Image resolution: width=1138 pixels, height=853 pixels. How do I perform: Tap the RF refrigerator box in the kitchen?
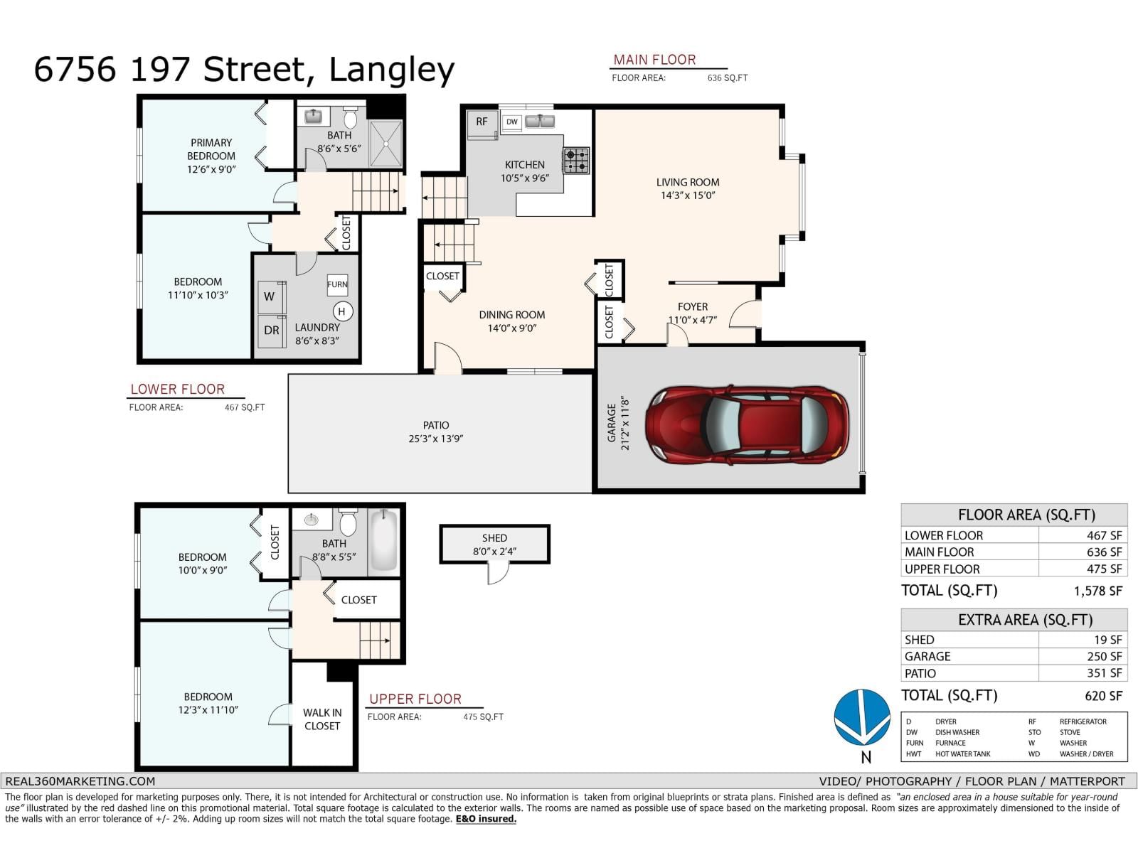[x=482, y=122]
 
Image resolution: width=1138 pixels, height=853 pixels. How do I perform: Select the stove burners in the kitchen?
[x=576, y=161]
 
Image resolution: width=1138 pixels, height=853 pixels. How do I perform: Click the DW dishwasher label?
[x=512, y=122]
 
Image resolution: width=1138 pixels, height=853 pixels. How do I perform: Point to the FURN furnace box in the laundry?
[x=337, y=284]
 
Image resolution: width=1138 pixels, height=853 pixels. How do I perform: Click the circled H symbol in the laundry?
[x=342, y=311]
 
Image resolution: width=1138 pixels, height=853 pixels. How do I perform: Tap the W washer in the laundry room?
[x=270, y=296]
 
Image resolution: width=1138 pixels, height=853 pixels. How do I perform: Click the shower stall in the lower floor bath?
[x=386, y=143]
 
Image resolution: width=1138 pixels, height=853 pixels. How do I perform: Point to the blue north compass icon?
[x=862, y=717]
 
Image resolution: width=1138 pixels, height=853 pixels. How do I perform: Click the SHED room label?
[x=494, y=538]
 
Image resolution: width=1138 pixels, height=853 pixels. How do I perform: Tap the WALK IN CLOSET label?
[x=322, y=719]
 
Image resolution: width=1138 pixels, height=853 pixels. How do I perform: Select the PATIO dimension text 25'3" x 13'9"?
[x=435, y=439]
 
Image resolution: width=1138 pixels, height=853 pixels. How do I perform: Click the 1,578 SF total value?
[x=1097, y=591]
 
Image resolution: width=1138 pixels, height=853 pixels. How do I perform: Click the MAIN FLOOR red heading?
[x=654, y=60]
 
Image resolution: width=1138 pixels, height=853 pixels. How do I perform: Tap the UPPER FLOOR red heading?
[x=415, y=699]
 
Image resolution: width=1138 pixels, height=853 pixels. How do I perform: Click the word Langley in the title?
[x=392, y=70]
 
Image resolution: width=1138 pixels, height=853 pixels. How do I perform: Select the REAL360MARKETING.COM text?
[x=80, y=780]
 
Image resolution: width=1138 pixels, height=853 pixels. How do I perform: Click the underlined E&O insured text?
[x=486, y=819]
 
